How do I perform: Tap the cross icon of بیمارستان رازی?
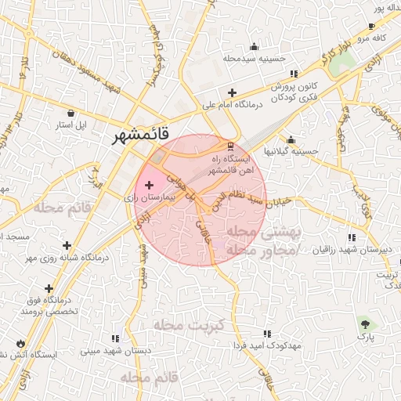(150, 185)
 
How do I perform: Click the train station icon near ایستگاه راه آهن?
(229, 146)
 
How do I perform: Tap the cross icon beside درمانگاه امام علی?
(232, 92)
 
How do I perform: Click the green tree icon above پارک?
(366, 323)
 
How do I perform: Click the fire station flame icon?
(19, 343)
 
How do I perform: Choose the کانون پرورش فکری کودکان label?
(286, 92)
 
